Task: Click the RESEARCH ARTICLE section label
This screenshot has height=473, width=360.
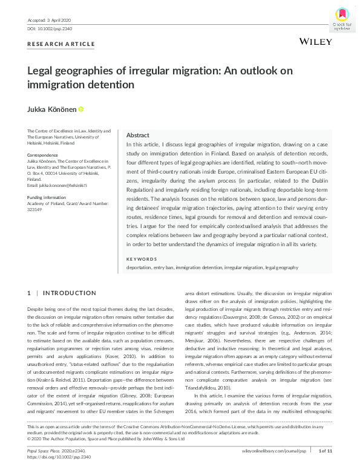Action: coord(61,44)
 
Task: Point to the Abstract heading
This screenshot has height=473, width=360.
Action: coord(139,136)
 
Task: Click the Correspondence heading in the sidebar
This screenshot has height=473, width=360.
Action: coord(43,155)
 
